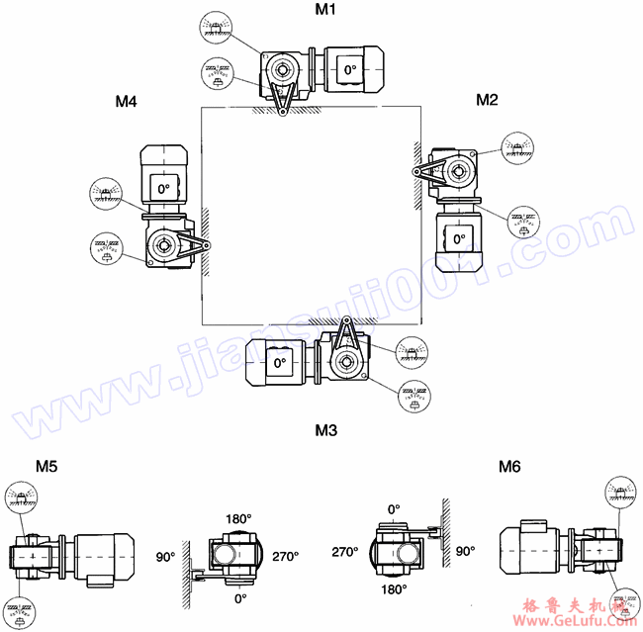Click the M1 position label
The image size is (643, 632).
pyautogui.click(x=325, y=11)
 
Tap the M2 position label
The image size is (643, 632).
pyautogui.click(x=487, y=99)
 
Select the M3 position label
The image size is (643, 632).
pyautogui.click(x=325, y=430)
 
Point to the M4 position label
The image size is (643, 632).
pyautogui.click(x=126, y=101)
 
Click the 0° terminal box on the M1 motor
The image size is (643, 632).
pyautogui.click(x=348, y=70)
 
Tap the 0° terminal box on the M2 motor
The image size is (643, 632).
pyautogui.click(x=459, y=237)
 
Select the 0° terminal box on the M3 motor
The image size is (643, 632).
pyautogui.click(x=280, y=363)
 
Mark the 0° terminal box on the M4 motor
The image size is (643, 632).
pyautogui.click(x=162, y=186)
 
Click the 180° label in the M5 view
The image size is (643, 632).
pyautogui.click(x=238, y=519)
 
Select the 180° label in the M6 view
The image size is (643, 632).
pyautogui.click(x=395, y=590)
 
